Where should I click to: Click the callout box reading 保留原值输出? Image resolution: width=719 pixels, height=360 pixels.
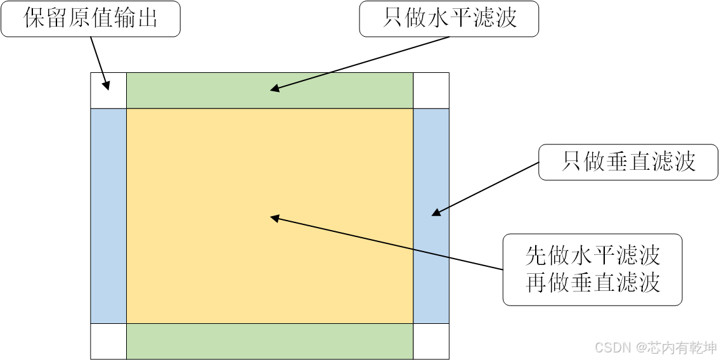tap(91, 19)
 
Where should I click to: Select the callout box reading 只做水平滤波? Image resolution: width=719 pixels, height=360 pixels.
tap(449, 19)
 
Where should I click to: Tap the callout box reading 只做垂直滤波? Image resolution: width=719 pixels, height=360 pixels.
tap(628, 162)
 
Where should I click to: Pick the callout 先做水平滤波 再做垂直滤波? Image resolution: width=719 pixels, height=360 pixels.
tap(592, 269)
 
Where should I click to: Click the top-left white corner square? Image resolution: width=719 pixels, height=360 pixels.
tap(108, 91)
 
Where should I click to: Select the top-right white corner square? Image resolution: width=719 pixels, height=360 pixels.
tap(431, 91)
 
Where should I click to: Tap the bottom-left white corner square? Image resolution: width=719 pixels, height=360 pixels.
tap(108, 342)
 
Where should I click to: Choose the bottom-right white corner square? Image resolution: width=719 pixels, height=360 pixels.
tap(431, 342)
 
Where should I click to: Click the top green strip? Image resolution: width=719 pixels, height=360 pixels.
tap(269, 91)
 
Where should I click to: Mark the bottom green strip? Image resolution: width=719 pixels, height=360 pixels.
tap(269, 342)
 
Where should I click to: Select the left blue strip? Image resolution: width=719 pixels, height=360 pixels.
tap(108, 216)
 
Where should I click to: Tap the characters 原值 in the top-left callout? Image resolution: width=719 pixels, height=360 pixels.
tap(91, 19)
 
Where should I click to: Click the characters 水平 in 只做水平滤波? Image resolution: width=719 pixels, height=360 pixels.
tap(449, 19)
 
